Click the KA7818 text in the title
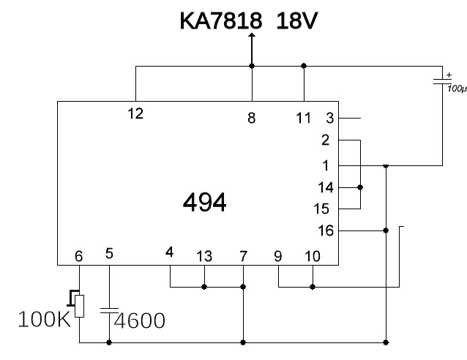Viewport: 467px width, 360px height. pyautogui.click(x=221, y=20)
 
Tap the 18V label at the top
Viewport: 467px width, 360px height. pyautogui.click(x=297, y=20)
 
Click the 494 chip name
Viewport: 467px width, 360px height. pyautogui.click(x=205, y=203)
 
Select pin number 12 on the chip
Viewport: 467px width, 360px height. pyautogui.click(x=135, y=113)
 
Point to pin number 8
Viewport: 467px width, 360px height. pyautogui.click(x=252, y=118)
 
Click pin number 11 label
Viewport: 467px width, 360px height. pyautogui.click(x=303, y=118)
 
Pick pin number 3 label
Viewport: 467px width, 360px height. pyautogui.click(x=329, y=118)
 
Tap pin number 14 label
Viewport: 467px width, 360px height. pyautogui.click(x=326, y=187)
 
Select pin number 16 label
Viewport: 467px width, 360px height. pyautogui.click(x=326, y=230)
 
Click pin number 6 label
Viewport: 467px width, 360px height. pyautogui.click(x=78, y=256)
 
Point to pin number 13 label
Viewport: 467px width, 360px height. pyautogui.click(x=204, y=256)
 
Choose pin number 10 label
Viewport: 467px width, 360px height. pyautogui.click(x=313, y=256)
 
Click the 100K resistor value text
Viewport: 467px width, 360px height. pyautogui.click(x=45, y=320)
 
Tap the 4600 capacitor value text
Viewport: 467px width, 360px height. pyautogui.click(x=139, y=320)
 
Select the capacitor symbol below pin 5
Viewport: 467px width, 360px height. pyautogui.click(x=109, y=310)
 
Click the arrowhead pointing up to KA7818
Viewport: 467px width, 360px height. pyautogui.click(x=252, y=35)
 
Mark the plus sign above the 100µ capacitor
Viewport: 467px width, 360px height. pyautogui.click(x=449, y=75)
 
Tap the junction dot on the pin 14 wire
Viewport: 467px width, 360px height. pyautogui.click(x=360, y=187)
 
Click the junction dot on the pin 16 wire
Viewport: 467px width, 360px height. pyautogui.click(x=386, y=230)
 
